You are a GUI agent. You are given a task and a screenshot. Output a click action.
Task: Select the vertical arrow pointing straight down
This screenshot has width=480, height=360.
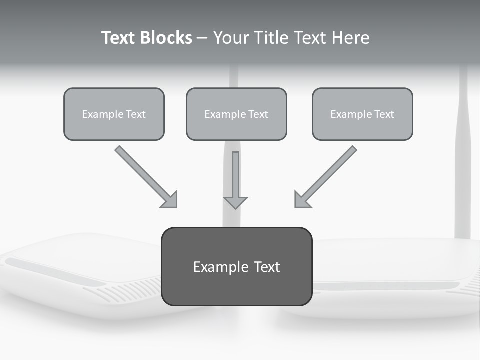[x=235, y=175]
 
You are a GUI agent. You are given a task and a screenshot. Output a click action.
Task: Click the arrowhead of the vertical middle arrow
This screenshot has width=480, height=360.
[x=235, y=202]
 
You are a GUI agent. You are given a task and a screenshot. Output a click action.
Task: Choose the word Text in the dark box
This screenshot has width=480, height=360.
[x=267, y=267]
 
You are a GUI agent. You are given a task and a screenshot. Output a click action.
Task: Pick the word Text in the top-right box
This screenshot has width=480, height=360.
[x=384, y=114]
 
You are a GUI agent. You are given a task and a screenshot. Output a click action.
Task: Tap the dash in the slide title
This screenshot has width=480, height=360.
[x=202, y=38]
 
